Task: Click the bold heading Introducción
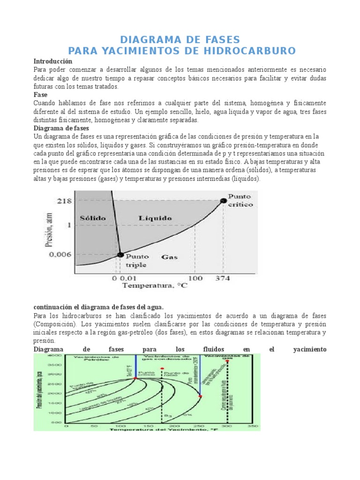coord(53,61)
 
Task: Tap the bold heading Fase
coord(41,94)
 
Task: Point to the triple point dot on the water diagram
coord(120,255)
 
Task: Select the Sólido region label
coord(93,218)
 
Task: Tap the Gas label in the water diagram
coord(170,257)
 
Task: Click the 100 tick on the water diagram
coord(196,278)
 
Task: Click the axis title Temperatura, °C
coord(155,285)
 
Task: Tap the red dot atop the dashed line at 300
coord(228,361)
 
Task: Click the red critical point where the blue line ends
coord(135,378)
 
